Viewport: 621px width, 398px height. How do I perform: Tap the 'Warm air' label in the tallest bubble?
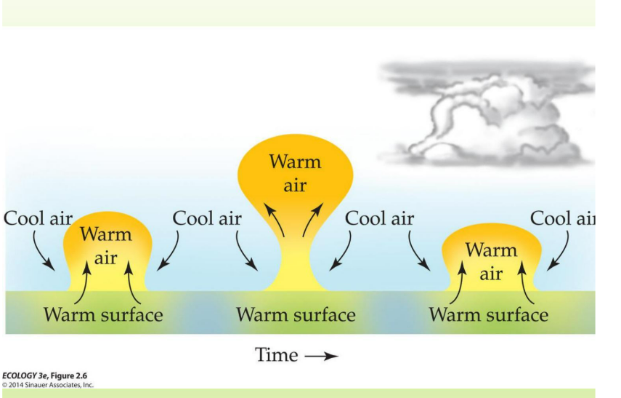click(x=295, y=172)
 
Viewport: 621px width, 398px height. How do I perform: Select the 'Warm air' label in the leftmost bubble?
click(x=106, y=246)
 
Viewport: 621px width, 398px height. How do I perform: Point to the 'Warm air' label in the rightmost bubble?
click(x=491, y=262)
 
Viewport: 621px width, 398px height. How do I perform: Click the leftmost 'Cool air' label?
click(x=38, y=218)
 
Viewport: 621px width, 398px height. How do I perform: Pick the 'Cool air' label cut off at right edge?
click(x=562, y=218)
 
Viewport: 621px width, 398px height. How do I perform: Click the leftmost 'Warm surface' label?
click(x=103, y=315)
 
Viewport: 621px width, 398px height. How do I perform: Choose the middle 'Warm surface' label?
click(x=296, y=315)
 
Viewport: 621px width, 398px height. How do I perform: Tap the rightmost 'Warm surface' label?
click(x=489, y=315)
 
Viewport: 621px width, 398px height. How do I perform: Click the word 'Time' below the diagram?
click(x=276, y=356)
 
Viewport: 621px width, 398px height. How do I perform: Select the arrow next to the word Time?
click(x=321, y=357)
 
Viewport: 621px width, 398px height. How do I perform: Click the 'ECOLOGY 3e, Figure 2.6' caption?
click(x=44, y=375)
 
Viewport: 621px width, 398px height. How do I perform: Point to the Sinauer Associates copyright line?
click(x=47, y=384)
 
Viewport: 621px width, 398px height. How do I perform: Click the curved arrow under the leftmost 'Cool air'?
click(x=43, y=251)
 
